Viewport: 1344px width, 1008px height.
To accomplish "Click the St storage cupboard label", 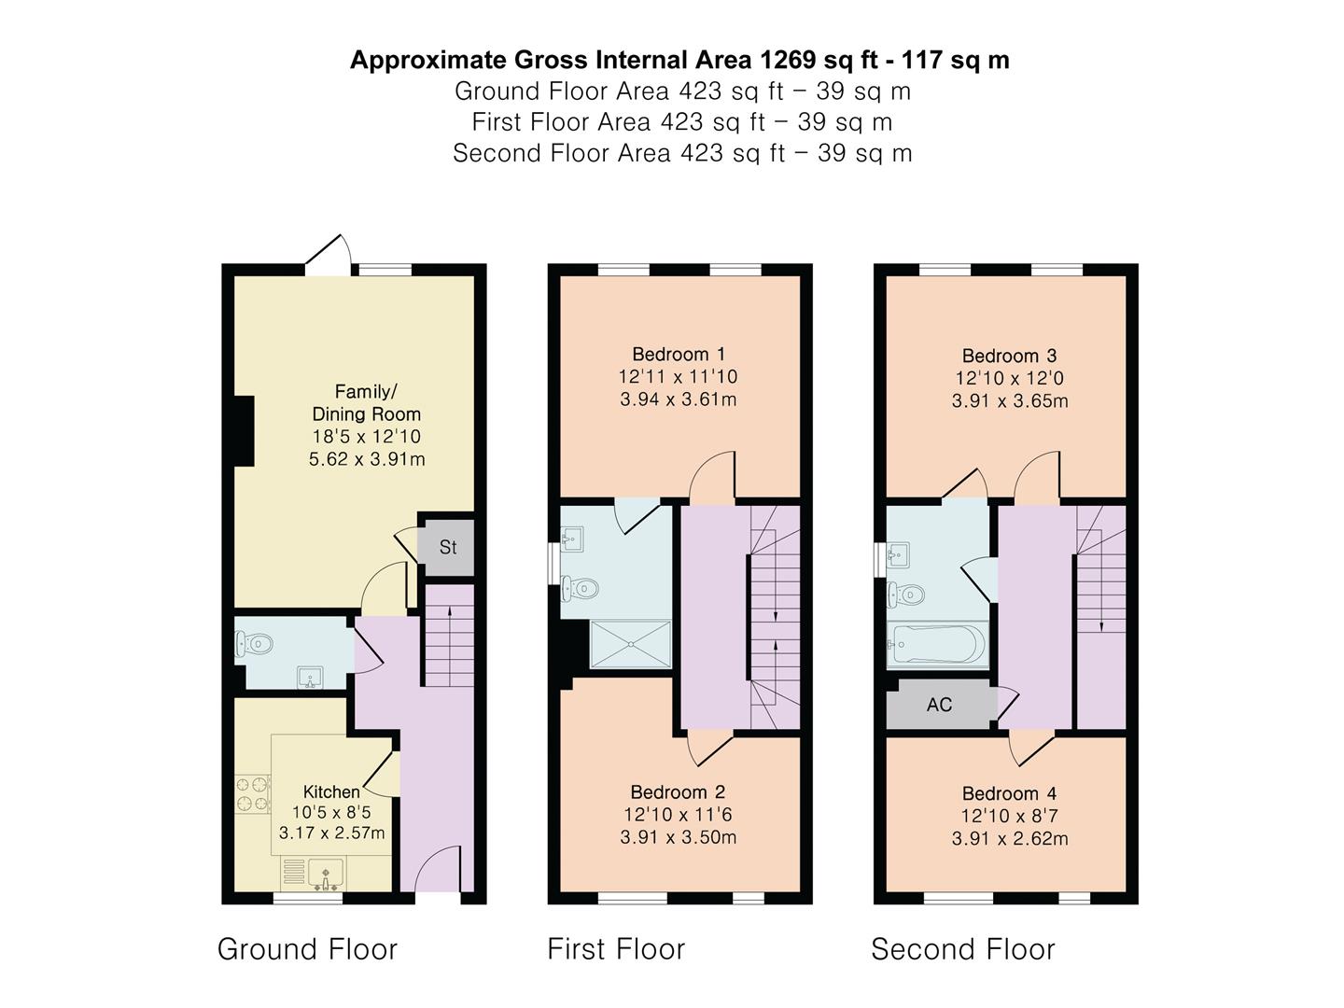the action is point(448,547).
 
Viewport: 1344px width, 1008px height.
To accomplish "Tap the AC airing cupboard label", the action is point(939,705).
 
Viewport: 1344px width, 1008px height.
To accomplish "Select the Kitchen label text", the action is point(331,792).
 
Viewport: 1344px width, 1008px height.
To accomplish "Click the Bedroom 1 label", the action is point(679,354).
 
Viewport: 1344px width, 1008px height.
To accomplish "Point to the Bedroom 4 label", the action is point(1009,793).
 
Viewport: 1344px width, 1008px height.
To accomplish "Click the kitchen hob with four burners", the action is point(253,794).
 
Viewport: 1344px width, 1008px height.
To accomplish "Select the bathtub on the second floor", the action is point(937,644).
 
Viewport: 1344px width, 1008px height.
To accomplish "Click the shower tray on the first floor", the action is point(631,644).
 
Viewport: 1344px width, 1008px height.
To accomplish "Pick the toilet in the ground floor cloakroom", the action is point(254,643).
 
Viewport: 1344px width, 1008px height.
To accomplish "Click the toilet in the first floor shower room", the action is point(580,589).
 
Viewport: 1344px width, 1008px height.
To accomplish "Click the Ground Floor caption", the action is point(307,949).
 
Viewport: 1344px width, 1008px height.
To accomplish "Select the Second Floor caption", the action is point(963,949).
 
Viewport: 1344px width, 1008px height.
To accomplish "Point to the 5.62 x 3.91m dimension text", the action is point(367,459).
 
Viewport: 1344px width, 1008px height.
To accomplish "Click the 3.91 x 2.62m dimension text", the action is point(1010,838).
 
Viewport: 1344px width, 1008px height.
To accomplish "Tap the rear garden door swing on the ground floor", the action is point(329,254).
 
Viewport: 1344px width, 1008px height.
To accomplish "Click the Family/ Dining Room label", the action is point(367,402).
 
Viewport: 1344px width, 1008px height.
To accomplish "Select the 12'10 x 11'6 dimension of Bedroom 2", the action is point(678,815).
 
